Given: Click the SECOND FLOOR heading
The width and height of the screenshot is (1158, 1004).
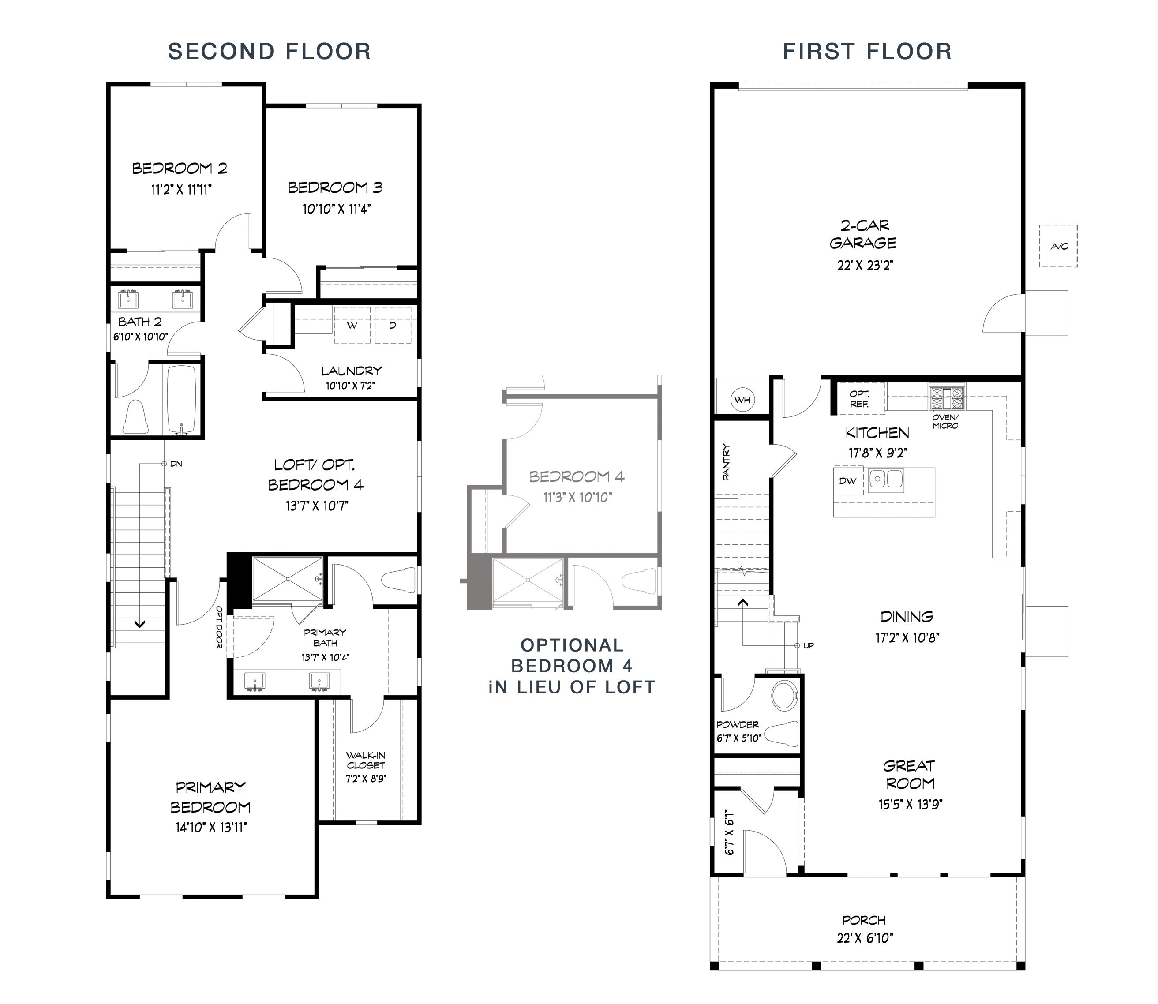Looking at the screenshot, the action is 270,52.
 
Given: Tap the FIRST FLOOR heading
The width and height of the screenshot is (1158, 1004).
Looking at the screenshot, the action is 867,52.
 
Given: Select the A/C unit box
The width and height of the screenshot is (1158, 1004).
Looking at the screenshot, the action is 1058,246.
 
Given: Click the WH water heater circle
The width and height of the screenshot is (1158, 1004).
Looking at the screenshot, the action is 742,400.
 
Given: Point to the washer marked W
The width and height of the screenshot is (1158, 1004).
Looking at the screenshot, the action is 352,325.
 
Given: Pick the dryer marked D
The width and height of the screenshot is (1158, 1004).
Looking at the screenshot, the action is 393,325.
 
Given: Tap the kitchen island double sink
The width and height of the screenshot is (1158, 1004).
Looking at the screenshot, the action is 886,480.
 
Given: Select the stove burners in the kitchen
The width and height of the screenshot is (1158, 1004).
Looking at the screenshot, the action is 947,398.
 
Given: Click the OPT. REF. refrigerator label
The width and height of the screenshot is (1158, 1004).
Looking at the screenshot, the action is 859,398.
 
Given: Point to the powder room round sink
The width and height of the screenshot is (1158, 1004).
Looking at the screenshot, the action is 784,695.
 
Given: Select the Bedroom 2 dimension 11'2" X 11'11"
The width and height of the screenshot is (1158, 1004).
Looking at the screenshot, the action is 181,190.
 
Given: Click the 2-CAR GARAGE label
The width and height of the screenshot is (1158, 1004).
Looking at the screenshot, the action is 863,234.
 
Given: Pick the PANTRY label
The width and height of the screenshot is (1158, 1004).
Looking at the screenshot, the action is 727,462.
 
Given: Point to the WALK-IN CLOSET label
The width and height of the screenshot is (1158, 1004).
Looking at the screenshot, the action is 366,760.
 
